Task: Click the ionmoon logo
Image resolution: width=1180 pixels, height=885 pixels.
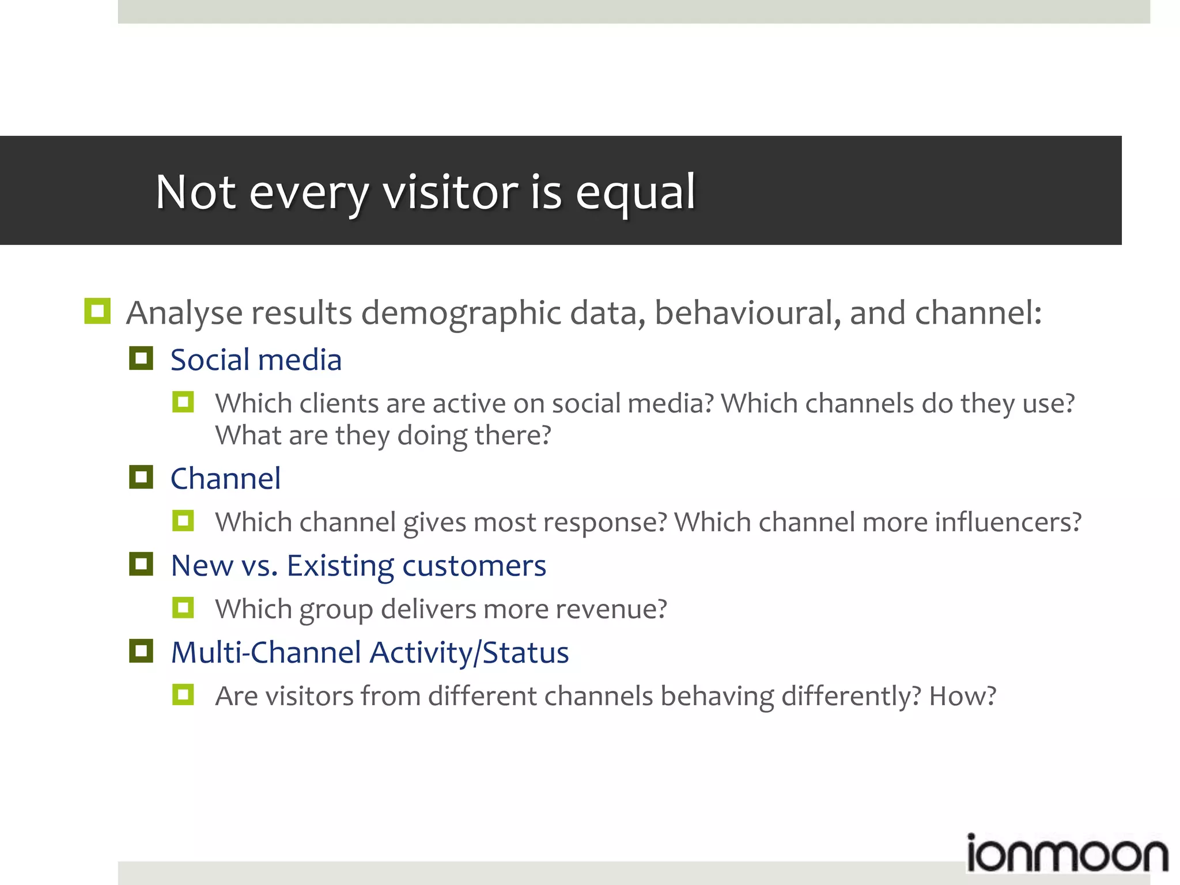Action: point(1066,854)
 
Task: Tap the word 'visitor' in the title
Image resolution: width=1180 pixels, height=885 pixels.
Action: point(451,192)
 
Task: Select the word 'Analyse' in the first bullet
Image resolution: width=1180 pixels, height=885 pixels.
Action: point(184,313)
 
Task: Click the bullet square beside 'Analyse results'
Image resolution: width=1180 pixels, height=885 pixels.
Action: point(97,311)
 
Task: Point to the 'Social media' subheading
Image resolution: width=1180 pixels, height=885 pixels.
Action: point(256,360)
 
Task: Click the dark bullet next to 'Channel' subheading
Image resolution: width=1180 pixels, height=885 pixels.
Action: point(141,478)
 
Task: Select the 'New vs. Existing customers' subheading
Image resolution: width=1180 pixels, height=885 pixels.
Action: point(358,566)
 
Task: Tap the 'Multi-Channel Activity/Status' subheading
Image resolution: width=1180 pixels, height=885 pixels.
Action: point(370,653)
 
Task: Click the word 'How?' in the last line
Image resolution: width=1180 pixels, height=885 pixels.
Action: point(962,697)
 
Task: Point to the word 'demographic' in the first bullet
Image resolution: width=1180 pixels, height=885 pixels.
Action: point(461,313)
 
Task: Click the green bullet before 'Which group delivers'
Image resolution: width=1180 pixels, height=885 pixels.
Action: point(183,608)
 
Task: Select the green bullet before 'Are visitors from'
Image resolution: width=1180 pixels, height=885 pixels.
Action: point(183,695)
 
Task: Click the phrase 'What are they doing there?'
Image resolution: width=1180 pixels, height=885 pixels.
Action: point(383,436)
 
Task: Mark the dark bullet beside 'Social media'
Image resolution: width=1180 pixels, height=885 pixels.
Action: point(141,358)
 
